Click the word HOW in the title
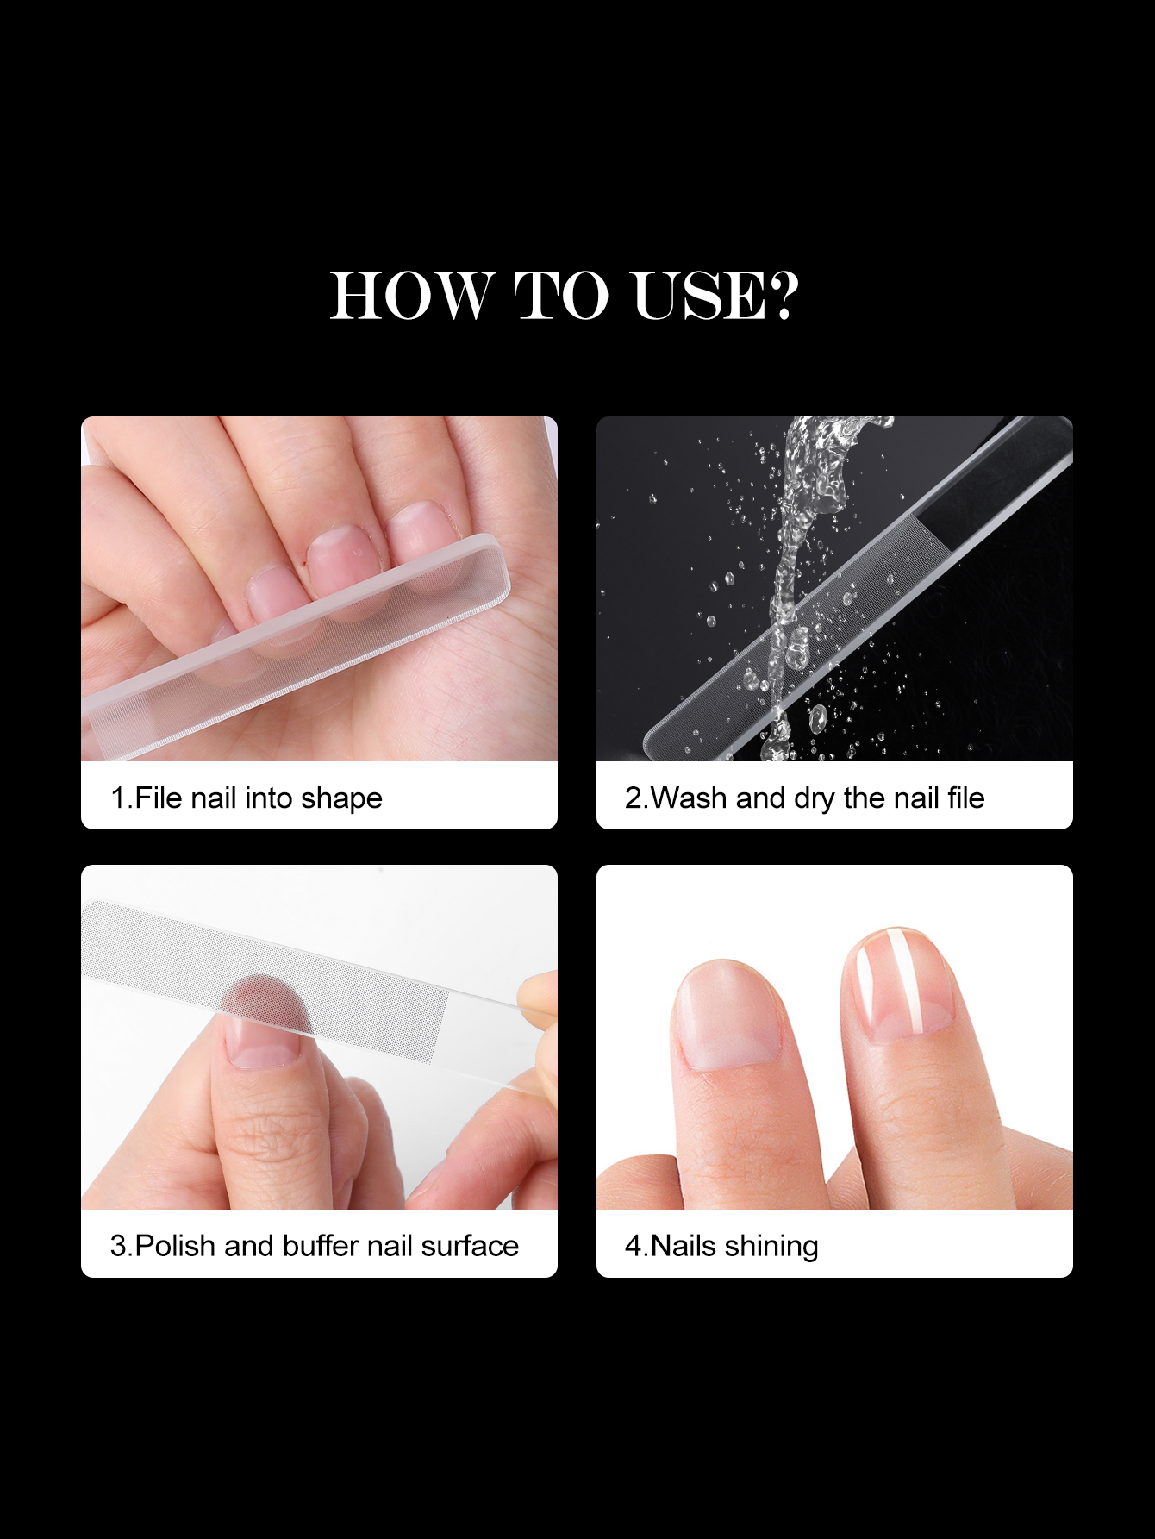click(413, 295)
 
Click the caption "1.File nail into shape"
click(247, 798)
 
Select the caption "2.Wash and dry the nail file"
click(804, 798)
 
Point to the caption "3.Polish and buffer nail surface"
click(315, 1246)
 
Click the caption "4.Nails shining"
click(721, 1247)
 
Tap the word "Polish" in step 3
click(176, 1246)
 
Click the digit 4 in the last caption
click(633, 1247)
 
